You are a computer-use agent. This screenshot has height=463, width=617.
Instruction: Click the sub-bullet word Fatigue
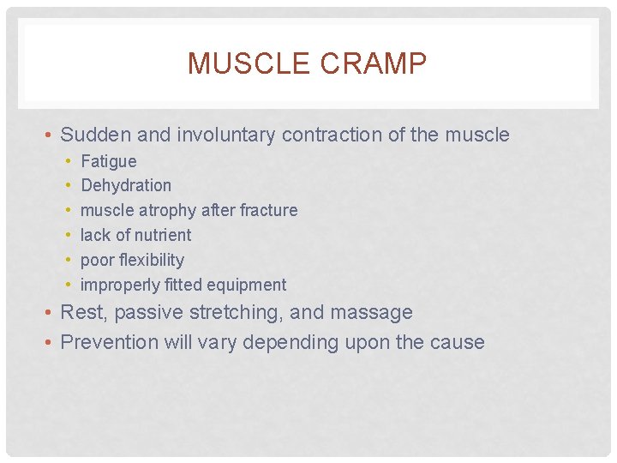coord(108,161)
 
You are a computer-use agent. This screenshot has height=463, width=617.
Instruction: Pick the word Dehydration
coord(125,185)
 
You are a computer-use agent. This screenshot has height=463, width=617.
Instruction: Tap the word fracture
coord(268,210)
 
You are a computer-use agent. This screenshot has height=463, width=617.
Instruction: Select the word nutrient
coord(161,235)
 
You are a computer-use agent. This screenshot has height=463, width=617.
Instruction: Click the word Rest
coord(81,312)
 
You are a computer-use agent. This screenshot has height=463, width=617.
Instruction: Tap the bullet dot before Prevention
coord(51,342)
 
